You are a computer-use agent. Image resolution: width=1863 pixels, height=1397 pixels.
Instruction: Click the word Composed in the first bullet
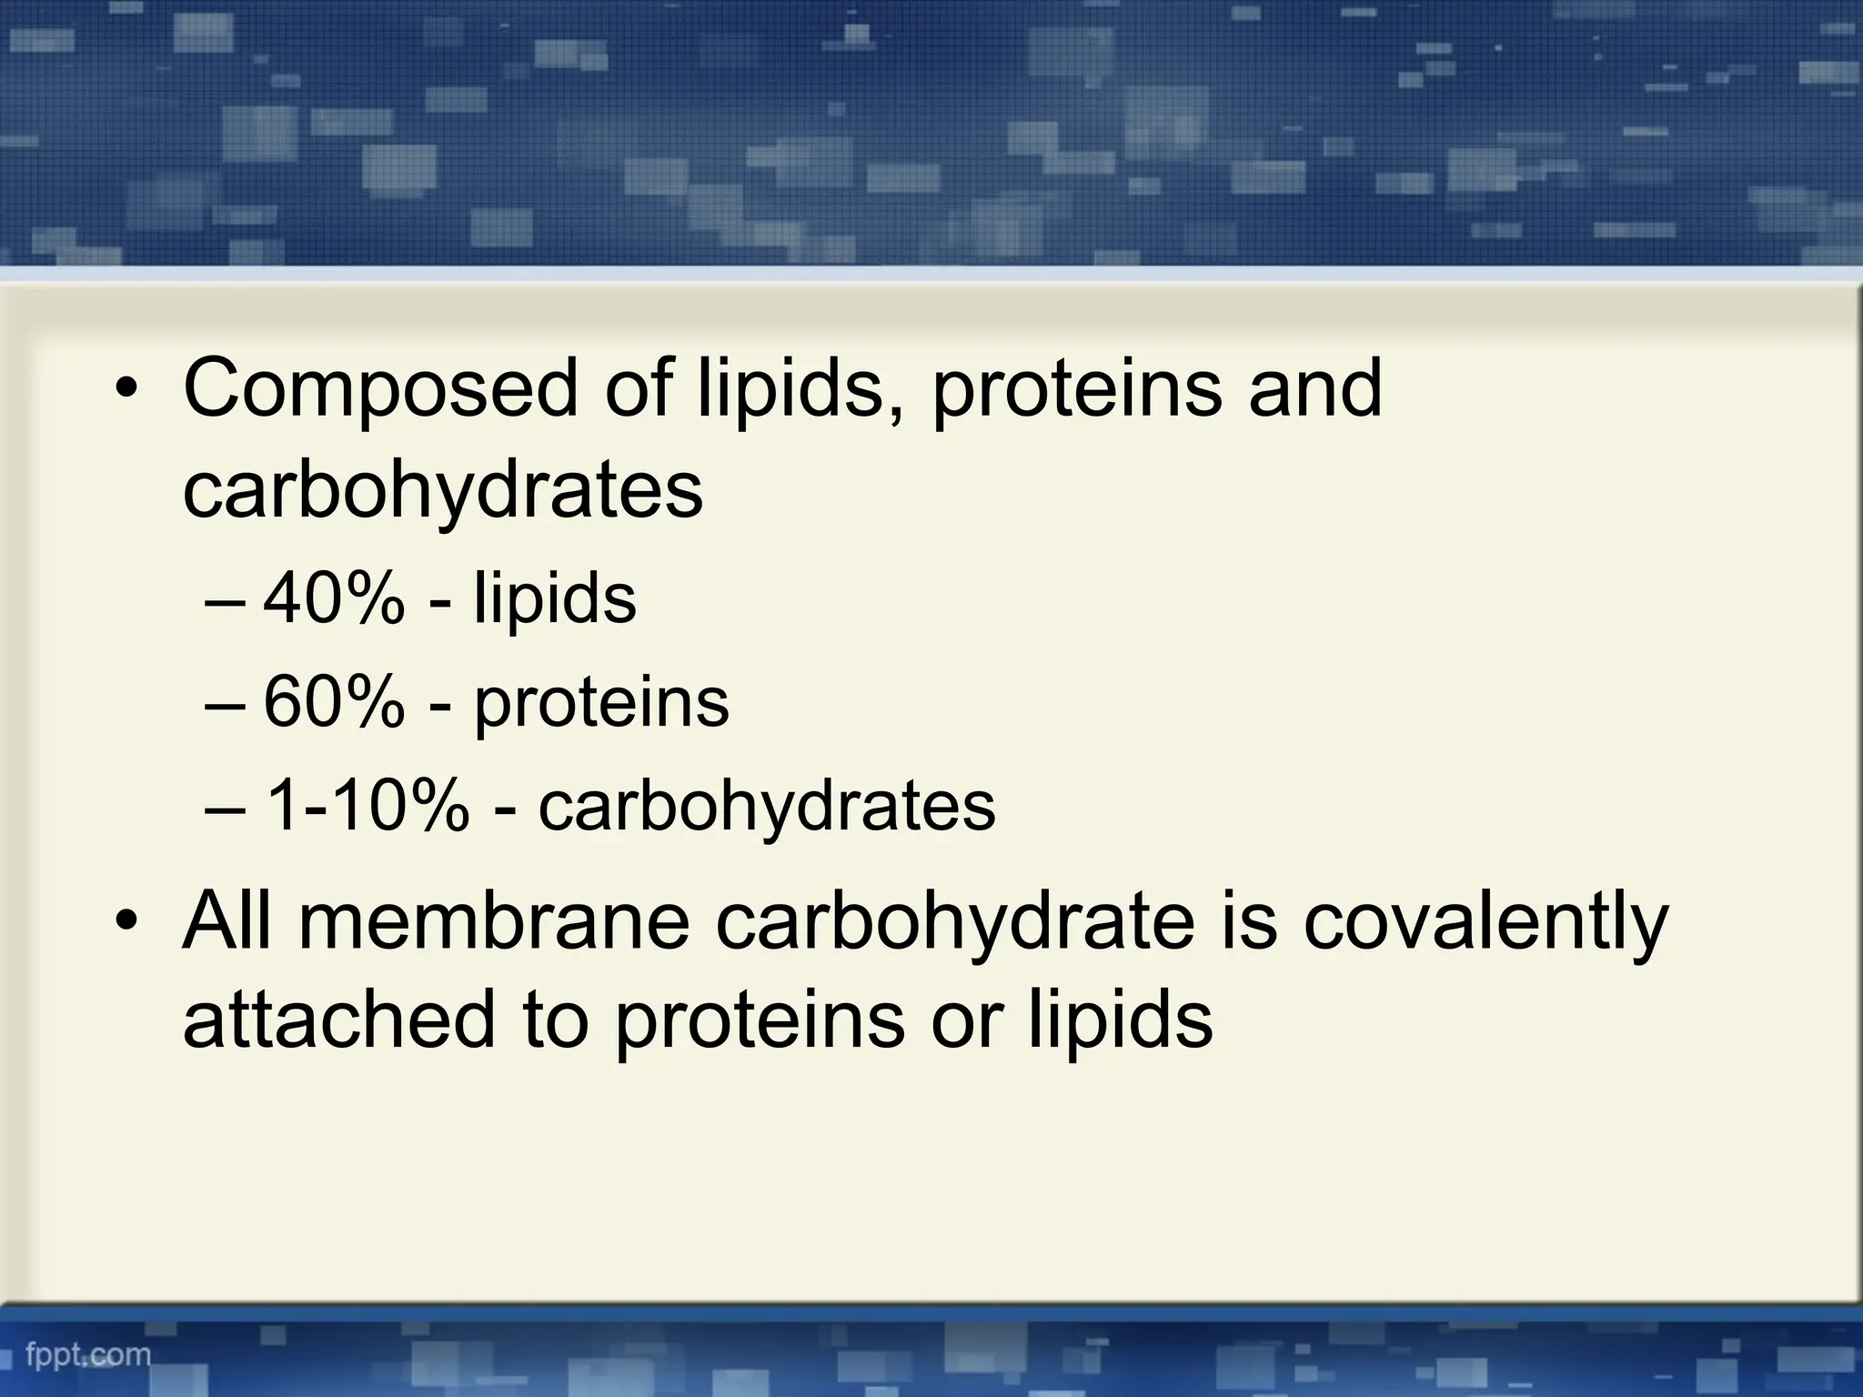[x=380, y=389]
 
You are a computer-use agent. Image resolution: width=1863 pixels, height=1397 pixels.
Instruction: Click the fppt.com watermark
[x=88, y=1355]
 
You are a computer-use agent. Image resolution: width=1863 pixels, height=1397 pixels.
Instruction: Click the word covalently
[x=1485, y=922]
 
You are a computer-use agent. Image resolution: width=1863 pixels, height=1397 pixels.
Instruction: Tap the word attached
[x=338, y=1020]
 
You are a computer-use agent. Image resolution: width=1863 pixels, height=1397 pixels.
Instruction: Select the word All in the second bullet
[x=227, y=922]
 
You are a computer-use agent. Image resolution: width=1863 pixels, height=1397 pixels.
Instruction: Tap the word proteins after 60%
[x=601, y=705]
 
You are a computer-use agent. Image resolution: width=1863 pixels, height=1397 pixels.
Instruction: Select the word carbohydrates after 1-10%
[x=767, y=808]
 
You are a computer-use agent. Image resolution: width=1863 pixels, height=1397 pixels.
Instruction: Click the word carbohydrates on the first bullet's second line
[x=443, y=492]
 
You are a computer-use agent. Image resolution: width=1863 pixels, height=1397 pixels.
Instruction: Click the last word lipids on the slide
[x=1121, y=1020]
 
